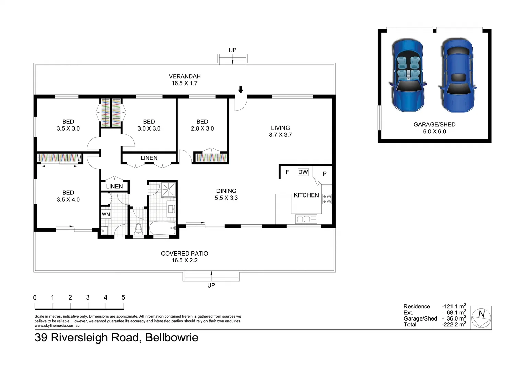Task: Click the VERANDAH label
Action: pyautogui.click(x=185, y=76)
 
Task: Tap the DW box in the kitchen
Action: pyautogui.click(x=303, y=172)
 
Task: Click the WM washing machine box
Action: pyautogui.click(x=106, y=214)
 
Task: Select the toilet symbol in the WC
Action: pyautogui.click(x=138, y=229)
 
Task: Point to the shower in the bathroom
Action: pyautogui.click(x=168, y=189)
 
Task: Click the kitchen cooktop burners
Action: pyautogui.click(x=327, y=199)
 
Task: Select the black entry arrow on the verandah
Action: pyautogui.click(x=241, y=90)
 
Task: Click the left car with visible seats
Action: pyautogui.click(x=408, y=75)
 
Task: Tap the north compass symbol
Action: pyautogui.click(x=481, y=317)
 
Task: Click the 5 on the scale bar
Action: pyautogui.click(x=123, y=297)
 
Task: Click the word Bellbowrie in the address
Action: pyautogui.click(x=171, y=337)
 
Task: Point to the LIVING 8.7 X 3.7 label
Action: pyautogui.click(x=280, y=131)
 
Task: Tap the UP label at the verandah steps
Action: pyautogui.click(x=232, y=50)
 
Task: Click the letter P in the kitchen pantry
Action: pyautogui.click(x=324, y=174)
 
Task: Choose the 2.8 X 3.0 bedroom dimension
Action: pyautogui.click(x=202, y=128)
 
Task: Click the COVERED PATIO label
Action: pyautogui.click(x=185, y=254)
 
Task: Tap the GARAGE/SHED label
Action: pyautogui.click(x=434, y=124)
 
